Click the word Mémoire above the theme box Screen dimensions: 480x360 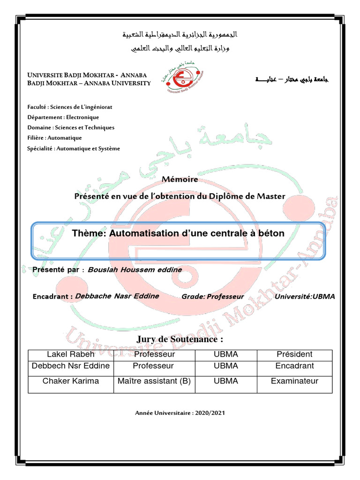pos(180,179)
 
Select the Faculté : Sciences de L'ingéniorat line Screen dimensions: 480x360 pos(70,107)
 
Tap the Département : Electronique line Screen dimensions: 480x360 pos(63,117)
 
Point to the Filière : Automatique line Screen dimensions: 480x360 pos(54,138)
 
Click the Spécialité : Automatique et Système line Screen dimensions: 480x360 pos(74,149)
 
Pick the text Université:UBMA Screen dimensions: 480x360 pos(305,297)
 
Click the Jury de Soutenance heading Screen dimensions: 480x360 pos(180,339)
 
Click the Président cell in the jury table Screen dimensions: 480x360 pos(294,354)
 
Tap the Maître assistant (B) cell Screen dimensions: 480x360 pos(153,381)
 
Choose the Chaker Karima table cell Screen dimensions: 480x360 pos(71,381)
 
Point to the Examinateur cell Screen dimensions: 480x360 pos(294,381)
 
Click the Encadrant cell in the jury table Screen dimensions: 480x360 pos(294,366)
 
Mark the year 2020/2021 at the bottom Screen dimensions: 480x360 pos(210,413)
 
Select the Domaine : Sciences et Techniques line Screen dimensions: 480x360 pos(71,127)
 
